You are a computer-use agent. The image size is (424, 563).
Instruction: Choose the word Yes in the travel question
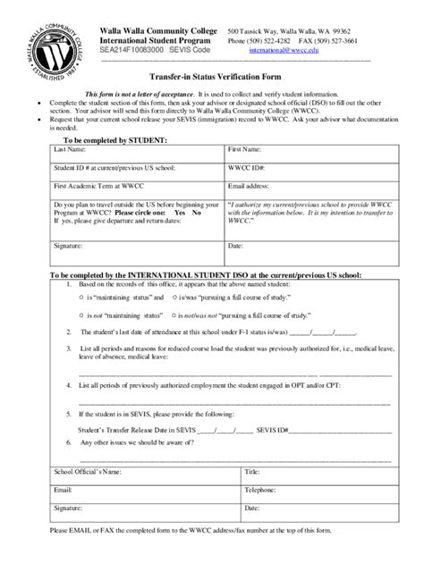(180, 214)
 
